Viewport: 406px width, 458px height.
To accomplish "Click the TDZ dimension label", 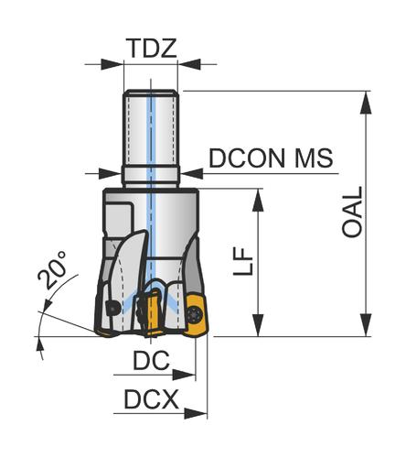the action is click(x=153, y=49).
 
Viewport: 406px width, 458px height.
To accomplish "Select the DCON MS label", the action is click(x=271, y=158).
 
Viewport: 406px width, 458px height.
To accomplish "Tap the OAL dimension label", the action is click(x=352, y=212).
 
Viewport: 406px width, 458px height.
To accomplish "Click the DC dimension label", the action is click(x=151, y=360).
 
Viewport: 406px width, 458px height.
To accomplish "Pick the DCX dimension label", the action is click(x=151, y=399).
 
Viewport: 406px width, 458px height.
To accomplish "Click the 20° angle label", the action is click(x=52, y=269).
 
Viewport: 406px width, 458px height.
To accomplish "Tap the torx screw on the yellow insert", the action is click(x=195, y=314).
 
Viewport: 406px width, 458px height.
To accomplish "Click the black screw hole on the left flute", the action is click(x=112, y=309).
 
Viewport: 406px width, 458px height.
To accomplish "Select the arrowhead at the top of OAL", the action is click(x=366, y=103).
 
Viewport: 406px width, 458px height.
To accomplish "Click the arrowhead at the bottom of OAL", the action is click(x=366, y=325).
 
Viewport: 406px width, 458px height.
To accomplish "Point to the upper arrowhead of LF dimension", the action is click(x=258, y=201).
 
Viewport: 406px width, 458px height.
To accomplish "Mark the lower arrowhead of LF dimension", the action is click(x=258, y=325).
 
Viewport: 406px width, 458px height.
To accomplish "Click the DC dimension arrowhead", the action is click(x=184, y=375).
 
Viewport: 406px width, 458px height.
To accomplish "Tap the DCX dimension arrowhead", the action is click(x=196, y=414).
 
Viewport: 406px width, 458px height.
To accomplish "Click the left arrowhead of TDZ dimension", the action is click(x=112, y=64).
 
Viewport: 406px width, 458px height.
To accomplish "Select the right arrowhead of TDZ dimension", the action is click(x=189, y=64).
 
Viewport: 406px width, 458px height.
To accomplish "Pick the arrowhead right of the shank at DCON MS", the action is click(x=192, y=173).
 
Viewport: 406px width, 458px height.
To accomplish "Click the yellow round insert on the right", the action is click(x=196, y=316).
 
